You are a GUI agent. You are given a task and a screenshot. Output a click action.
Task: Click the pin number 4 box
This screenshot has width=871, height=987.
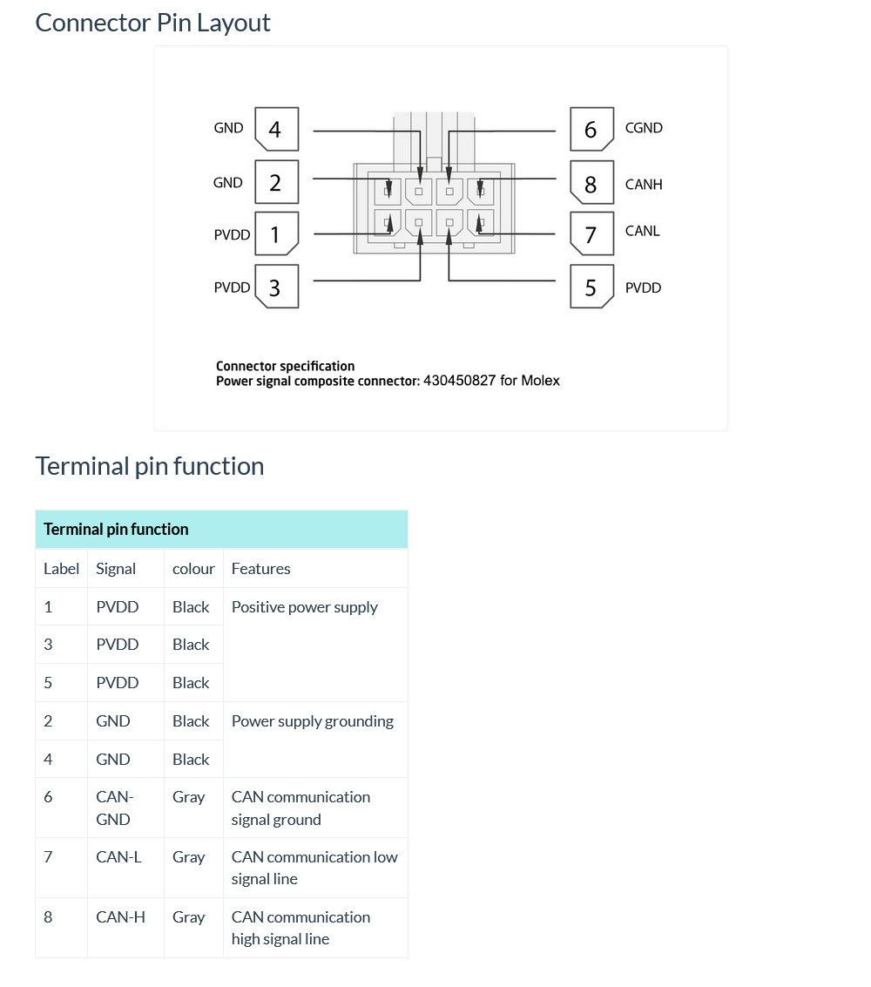point(276,130)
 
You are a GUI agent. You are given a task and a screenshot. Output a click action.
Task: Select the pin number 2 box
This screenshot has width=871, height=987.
point(276,183)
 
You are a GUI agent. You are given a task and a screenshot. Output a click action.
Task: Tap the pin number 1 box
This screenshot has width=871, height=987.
point(276,234)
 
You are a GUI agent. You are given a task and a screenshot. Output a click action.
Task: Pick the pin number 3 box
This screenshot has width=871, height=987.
point(276,287)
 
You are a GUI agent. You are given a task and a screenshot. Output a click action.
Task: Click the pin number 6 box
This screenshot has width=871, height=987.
point(591,130)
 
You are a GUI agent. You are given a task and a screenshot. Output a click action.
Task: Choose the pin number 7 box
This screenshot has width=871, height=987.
point(591,234)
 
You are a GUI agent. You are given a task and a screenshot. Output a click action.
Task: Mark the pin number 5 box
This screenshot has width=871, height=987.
point(591,287)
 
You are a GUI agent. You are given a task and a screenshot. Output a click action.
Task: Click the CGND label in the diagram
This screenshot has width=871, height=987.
point(644,128)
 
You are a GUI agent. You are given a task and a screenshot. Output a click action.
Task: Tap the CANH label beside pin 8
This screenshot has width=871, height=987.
point(644,185)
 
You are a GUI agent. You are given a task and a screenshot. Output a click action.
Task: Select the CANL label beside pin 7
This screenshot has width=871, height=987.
point(643,231)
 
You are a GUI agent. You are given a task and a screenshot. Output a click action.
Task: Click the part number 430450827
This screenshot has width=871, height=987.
point(459,381)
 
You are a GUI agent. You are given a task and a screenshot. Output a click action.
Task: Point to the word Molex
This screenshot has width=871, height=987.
point(541,381)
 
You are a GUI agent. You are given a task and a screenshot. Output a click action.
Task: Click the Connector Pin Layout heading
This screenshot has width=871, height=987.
point(152,23)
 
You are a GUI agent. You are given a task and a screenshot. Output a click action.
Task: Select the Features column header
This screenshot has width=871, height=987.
point(260,569)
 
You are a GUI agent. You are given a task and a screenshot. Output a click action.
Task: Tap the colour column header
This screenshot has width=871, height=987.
point(193,569)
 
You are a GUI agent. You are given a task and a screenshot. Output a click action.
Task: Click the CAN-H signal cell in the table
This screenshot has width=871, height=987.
point(120,916)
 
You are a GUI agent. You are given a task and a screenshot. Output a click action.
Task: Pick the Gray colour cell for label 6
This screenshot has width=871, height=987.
point(189,797)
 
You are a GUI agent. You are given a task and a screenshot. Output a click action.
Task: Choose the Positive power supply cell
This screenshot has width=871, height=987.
point(305,607)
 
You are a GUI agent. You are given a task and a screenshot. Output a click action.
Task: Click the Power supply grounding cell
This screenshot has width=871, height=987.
point(313,721)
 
